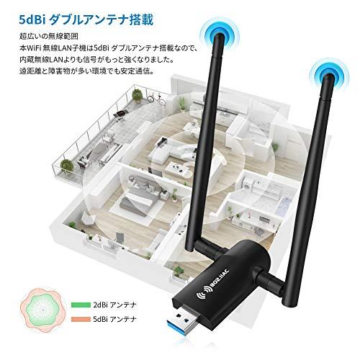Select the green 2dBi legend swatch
click(x=81, y=305)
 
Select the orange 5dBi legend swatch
click(x=81, y=319)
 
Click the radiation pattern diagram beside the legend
click(x=42, y=311)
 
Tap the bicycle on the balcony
click(x=156, y=99)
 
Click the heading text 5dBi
click(x=32, y=19)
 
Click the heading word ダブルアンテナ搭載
click(x=102, y=19)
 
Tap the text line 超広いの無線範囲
click(x=49, y=36)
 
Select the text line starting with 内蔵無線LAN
click(x=96, y=59)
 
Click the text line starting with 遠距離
click(x=87, y=71)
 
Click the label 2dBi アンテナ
click(x=114, y=305)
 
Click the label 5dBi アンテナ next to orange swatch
click(x=114, y=319)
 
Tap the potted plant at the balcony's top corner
click(x=137, y=95)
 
